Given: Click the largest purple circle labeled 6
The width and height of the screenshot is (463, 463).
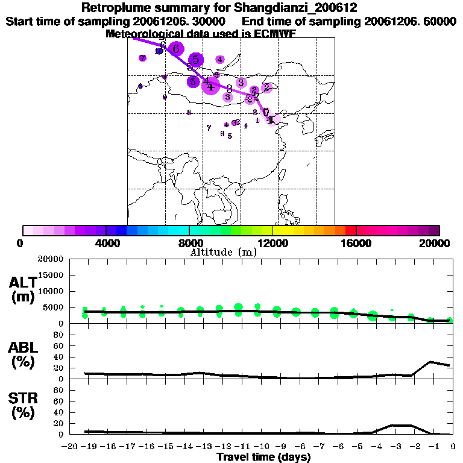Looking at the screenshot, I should coord(175,49).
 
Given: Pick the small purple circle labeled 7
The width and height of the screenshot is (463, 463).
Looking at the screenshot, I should coord(142,58).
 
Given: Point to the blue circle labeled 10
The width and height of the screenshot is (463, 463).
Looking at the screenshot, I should coord(159,52).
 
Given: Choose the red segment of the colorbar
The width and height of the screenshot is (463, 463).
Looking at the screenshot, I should coord(350,230).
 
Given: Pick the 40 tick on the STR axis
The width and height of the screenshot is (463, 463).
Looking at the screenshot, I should coord(60,412).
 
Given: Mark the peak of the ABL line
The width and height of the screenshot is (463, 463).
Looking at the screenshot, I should coord(430,362).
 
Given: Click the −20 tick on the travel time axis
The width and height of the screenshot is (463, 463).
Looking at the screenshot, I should coord(71,447).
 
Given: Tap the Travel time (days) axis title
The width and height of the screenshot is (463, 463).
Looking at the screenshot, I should coord(263,457).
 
